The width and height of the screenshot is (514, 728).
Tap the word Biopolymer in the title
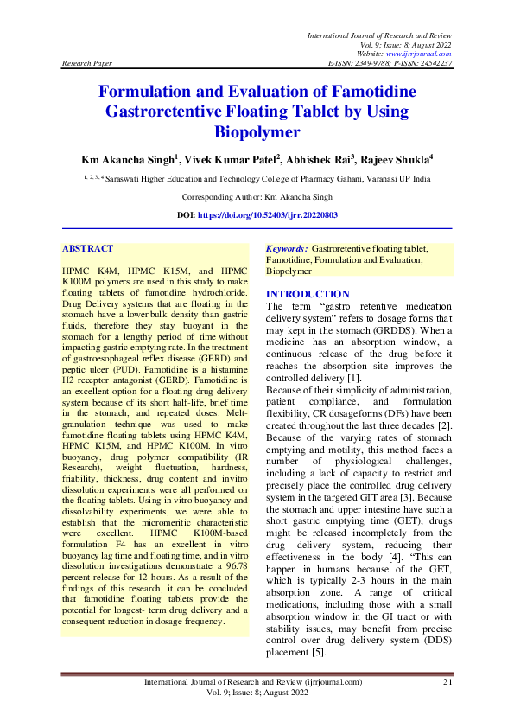(257, 132)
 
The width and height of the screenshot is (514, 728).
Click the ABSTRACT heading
(87, 248)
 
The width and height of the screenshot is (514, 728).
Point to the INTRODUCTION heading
(308, 294)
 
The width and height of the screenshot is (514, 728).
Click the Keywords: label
(287, 248)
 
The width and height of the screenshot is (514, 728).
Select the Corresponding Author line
(257, 197)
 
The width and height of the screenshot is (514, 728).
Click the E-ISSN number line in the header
(390, 64)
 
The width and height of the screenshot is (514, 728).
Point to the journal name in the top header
(380, 33)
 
